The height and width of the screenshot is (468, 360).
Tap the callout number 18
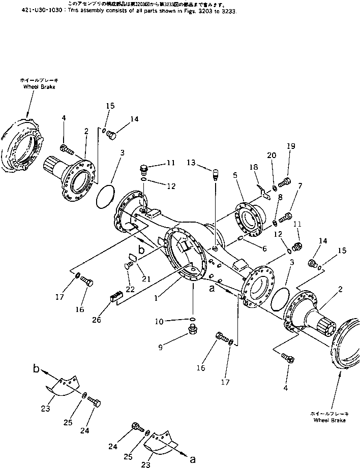[254, 167]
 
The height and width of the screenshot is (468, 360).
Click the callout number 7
[301, 186]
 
